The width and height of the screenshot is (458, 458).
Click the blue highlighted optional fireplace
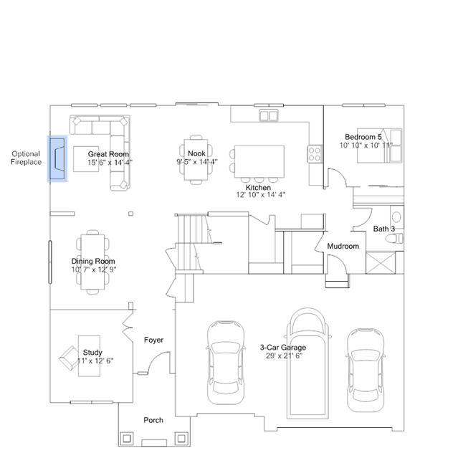pos(57,158)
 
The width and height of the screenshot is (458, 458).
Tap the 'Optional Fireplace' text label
pos(26,158)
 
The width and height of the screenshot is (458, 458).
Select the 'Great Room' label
pos(108,154)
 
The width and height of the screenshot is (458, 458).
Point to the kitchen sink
pos(269,115)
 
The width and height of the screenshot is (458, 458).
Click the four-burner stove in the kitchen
pos(314,154)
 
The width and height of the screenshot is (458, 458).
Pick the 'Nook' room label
pos(196,153)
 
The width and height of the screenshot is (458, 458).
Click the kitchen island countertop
pos(259,161)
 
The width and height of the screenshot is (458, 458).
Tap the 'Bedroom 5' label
pos(363,137)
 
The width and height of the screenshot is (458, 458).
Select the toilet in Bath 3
pos(394,239)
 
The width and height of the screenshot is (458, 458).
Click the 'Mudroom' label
pos(343,247)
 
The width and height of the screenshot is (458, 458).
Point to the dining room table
pos(92,262)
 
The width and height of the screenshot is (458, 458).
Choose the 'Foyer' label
pos(153,340)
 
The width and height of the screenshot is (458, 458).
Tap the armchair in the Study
pos(70,358)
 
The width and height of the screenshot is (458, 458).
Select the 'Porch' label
pos(153,420)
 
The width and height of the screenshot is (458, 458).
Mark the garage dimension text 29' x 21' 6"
pos(284,356)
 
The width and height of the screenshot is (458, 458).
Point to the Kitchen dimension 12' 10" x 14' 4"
pos(261,195)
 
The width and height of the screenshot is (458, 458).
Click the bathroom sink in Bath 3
pos(396,217)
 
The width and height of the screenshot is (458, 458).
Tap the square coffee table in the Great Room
pos(86,159)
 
